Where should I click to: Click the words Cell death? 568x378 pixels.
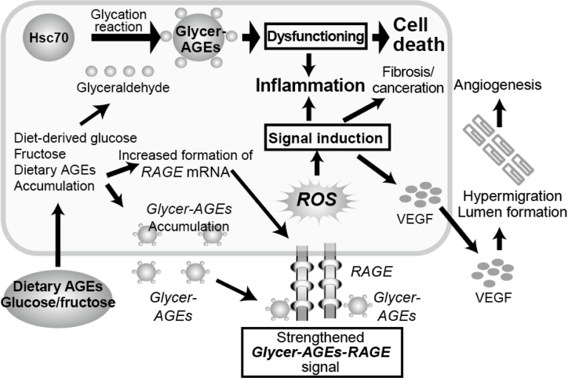(x=419, y=34)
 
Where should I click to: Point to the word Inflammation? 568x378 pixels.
(x=310, y=86)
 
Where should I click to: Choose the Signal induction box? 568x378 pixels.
(x=325, y=138)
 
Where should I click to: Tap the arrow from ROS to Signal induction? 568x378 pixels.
(x=316, y=161)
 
